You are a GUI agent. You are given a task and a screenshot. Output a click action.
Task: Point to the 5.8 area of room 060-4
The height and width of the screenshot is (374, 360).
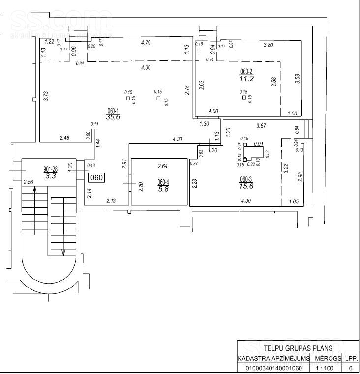pyautogui.click(x=163, y=188)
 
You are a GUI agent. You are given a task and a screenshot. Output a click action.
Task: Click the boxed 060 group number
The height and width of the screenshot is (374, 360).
pyautogui.click(x=96, y=178)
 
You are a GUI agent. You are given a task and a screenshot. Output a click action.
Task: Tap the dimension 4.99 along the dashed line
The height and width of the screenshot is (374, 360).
pyautogui.click(x=146, y=67)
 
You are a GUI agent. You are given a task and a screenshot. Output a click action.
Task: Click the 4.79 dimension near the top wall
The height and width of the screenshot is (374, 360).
pyautogui.click(x=145, y=43)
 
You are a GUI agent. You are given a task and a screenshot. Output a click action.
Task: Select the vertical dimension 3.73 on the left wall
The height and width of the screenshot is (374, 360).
pyautogui.click(x=46, y=96)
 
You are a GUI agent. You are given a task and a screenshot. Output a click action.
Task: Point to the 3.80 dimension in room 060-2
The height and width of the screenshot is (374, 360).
pyautogui.click(x=268, y=45)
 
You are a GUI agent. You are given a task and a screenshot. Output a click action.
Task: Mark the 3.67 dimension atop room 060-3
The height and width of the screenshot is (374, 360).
pyautogui.click(x=261, y=126)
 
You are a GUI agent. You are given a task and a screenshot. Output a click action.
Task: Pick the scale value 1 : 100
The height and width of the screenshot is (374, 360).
pyautogui.click(x=325, y=368)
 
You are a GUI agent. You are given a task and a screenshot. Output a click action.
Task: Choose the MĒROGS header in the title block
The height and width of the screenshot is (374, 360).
pyautogui.click(x=325, y=358)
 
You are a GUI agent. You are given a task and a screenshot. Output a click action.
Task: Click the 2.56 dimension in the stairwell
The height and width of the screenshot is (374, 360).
pyautogui.click(x=29, y=182)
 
